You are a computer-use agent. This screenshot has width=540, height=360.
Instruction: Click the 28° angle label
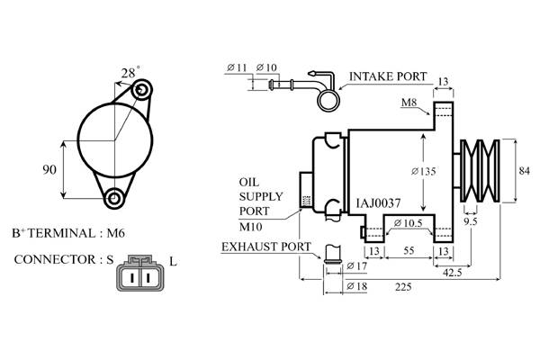130,72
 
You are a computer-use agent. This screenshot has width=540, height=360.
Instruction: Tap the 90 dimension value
49,169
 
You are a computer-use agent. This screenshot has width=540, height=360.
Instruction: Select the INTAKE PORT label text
388,76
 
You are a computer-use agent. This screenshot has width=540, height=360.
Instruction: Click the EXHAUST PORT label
266,247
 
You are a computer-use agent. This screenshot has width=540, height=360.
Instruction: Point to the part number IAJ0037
378,203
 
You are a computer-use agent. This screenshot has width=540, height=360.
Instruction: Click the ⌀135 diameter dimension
424,171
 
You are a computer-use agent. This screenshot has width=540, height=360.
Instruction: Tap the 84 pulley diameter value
524,170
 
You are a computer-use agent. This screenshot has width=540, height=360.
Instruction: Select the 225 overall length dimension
403,286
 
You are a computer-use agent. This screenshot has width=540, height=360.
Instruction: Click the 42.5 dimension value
452,273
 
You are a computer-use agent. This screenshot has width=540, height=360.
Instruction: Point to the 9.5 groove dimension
471,221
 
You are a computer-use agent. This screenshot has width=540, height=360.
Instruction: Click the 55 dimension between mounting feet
409,250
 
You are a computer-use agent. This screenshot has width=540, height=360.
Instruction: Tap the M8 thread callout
409,102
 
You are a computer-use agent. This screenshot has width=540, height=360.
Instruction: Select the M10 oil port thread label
251,227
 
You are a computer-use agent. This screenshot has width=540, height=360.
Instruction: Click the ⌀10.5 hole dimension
408,223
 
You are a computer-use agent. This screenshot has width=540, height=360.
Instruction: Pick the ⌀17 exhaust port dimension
357,266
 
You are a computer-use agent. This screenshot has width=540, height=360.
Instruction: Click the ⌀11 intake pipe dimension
238,67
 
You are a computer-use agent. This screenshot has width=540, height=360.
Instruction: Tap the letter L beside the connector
173,262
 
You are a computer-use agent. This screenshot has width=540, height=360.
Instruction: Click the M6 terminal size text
116,233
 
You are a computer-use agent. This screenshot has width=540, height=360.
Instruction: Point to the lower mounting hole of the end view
113,198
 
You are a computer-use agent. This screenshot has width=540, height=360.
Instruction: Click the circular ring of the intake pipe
328,101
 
